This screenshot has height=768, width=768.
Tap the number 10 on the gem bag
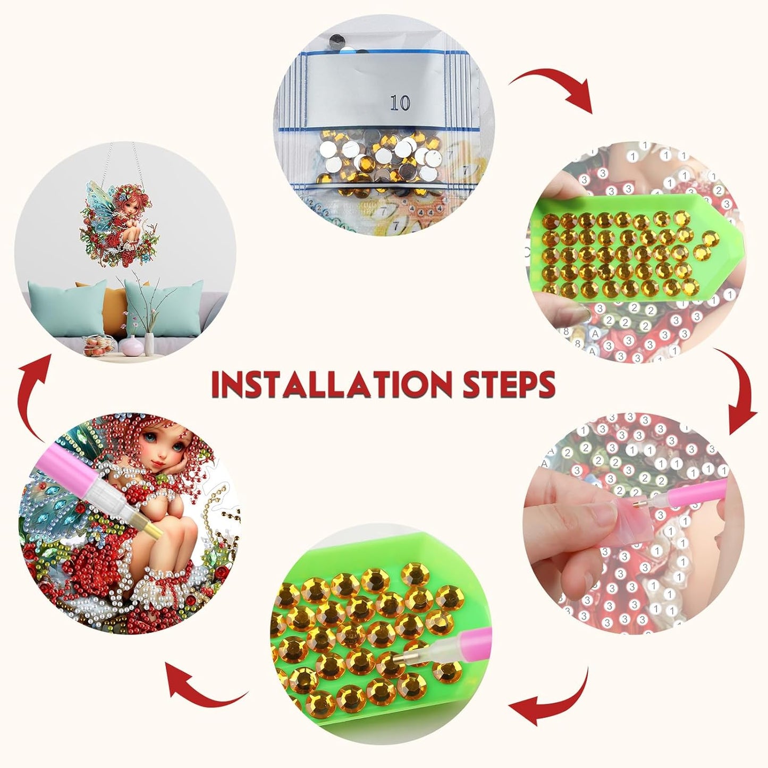pos(400,103)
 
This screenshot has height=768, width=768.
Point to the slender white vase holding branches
pos(149,343)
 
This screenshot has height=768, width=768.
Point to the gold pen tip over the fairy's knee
pos(150,525)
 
